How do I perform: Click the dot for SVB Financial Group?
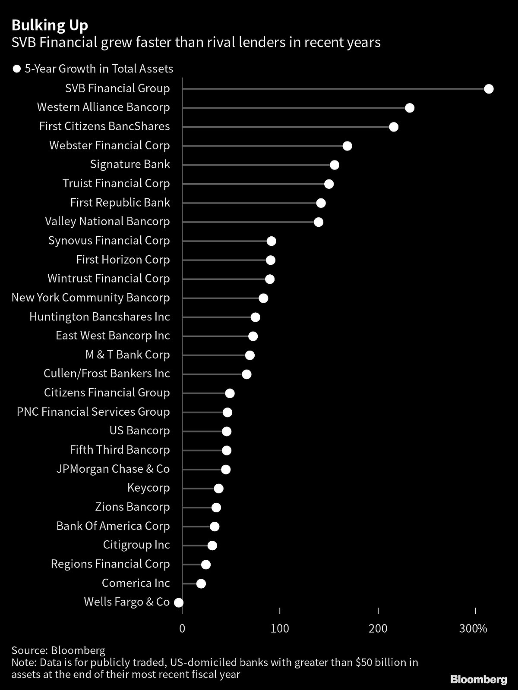click(x=489, y=89)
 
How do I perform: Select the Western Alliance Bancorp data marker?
click(x=410, y=108)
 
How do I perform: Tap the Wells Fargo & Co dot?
click(x=179, y=602)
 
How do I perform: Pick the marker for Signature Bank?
click(x=335, y=165)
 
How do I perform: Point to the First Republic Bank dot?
click(x=321, y=203)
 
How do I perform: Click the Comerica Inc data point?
click(x=201, y=583)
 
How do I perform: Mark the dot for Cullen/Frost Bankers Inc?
click(x=246, y=374)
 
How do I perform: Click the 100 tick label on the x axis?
click(x=280, y=628)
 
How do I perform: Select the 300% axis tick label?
click(x=474, y=628)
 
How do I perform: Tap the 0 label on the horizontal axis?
click(x=182, y=628)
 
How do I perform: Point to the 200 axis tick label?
click(x=378, y=628)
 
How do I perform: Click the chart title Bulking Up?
click(x=50, y=25)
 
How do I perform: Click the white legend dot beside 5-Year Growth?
click(x=17, y=69)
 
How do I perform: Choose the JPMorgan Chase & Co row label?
click(x=113, y=469)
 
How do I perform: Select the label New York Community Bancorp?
click(x=91, y=298)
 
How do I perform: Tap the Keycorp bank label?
click(x=148, y=488)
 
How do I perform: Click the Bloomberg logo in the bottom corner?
click(x=479, y=680)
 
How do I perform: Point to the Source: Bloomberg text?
click(x=58, y=650)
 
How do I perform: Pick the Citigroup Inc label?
click(x=136, y=545)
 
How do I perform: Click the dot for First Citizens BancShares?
click(x=394, y=127)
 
